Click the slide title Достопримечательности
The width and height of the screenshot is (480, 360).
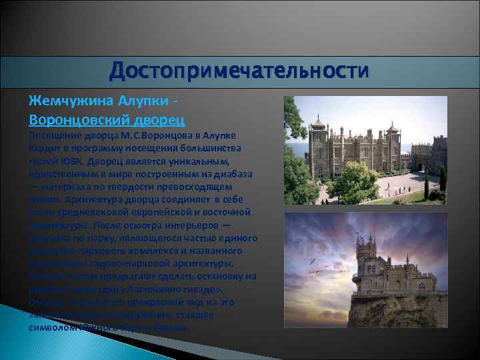239,70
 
